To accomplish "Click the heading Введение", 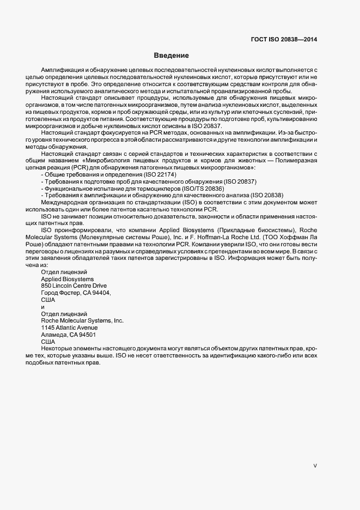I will pos(171,56).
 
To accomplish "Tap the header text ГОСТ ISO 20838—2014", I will pos(284,39).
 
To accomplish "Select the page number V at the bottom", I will pos(315,466).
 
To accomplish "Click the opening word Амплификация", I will pos(62,71).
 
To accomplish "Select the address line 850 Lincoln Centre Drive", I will pos(74,286).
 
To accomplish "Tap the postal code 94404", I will pos(101,293).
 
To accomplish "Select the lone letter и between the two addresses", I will pos(43,307).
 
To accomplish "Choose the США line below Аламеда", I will pos(48,342).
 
